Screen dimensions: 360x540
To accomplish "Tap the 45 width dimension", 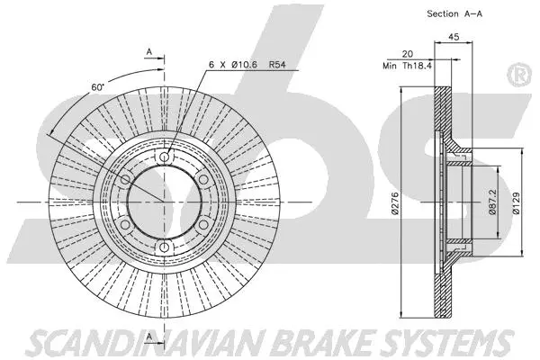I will click(x=454, y=38).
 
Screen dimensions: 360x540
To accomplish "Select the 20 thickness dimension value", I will click(x=407, y=54).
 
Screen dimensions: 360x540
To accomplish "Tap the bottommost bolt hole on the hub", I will click(x=164, y=247).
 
